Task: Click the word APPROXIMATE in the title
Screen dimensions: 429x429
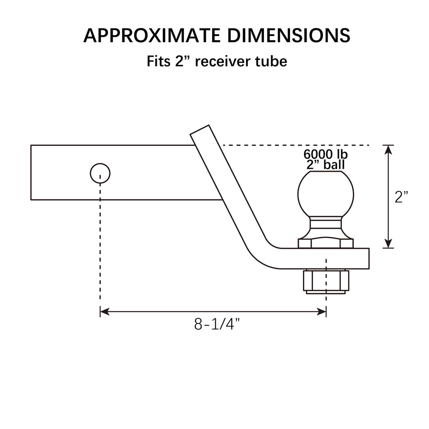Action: point(152,36)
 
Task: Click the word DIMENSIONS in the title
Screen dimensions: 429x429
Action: point(289,36)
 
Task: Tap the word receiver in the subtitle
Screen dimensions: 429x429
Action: point(223,61)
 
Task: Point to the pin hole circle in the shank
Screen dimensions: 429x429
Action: point(100,173)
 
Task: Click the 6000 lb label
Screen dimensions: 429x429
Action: point(326,154)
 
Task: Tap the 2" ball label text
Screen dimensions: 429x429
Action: point(326,165)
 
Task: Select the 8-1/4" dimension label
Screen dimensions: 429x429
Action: point(217,324)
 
